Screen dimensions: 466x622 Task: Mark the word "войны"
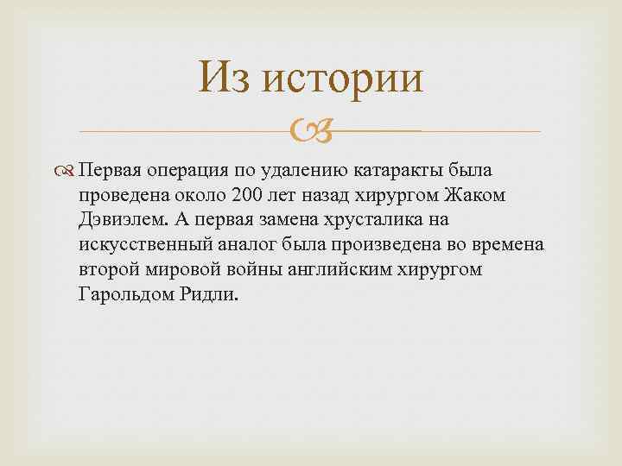(256, 269)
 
